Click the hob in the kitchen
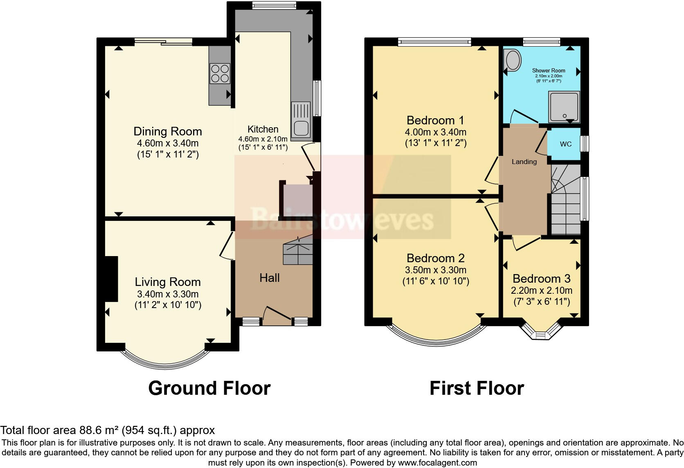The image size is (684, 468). (220, 74)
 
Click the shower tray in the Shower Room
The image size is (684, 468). (564, 107)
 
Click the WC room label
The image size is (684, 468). (566, 144)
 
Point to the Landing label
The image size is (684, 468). (524, 162)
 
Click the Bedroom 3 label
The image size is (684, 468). (541, 279)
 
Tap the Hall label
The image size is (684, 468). (270, 278)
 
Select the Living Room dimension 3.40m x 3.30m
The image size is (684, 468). (168, 294)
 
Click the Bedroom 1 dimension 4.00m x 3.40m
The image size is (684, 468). (436, 132)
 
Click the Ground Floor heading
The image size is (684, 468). (209, 388)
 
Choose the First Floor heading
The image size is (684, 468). (477, 388)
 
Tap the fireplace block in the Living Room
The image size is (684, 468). (111, 279)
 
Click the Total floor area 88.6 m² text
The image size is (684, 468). (107, 430)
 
